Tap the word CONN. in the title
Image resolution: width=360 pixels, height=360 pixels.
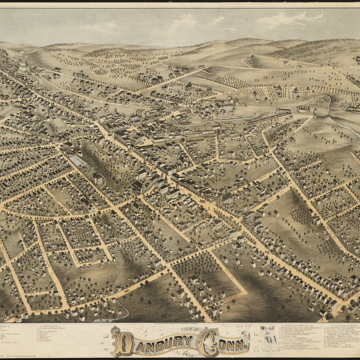[x=223, y=343]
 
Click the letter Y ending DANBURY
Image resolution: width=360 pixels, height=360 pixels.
[x=187, y=343]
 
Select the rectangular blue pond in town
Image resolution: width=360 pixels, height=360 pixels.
[x=78, y=161]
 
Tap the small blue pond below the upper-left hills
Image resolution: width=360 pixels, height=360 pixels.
[x=22, y=69]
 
